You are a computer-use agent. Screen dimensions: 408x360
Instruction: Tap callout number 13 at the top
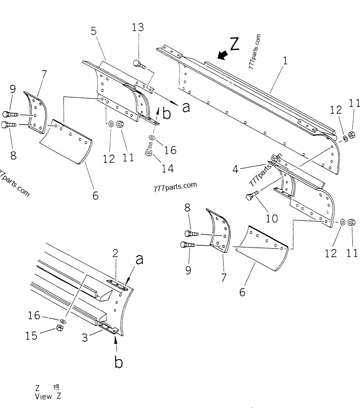click(x=138, y=27)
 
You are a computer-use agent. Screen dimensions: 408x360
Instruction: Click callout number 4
click(x=235, y=170)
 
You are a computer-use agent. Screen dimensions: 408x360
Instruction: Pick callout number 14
click(x=167, y=168)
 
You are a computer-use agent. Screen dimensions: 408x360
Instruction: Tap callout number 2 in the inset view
click(x=115, y=253)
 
